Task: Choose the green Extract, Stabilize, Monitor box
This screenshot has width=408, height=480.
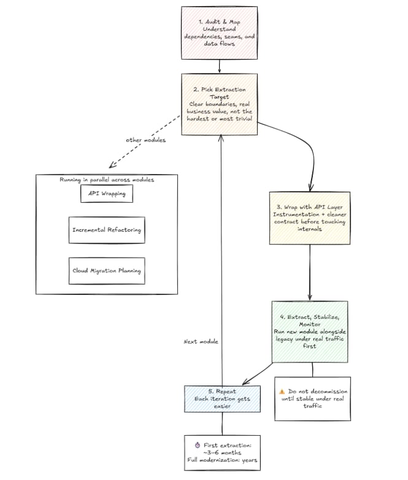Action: tap(309, 331)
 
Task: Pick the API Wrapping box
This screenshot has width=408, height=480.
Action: tap(107, 193)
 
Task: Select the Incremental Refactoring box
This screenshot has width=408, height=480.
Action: tap(107, 230)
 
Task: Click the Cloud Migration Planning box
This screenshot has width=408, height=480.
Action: tap(107, 270)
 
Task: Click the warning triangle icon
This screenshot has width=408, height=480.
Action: tap(282, 391)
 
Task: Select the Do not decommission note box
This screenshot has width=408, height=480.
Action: tap(312, 398)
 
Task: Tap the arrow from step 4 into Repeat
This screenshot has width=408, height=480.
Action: tap(261, 372)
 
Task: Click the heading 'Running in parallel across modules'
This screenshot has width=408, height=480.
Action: tap(107, 179)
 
